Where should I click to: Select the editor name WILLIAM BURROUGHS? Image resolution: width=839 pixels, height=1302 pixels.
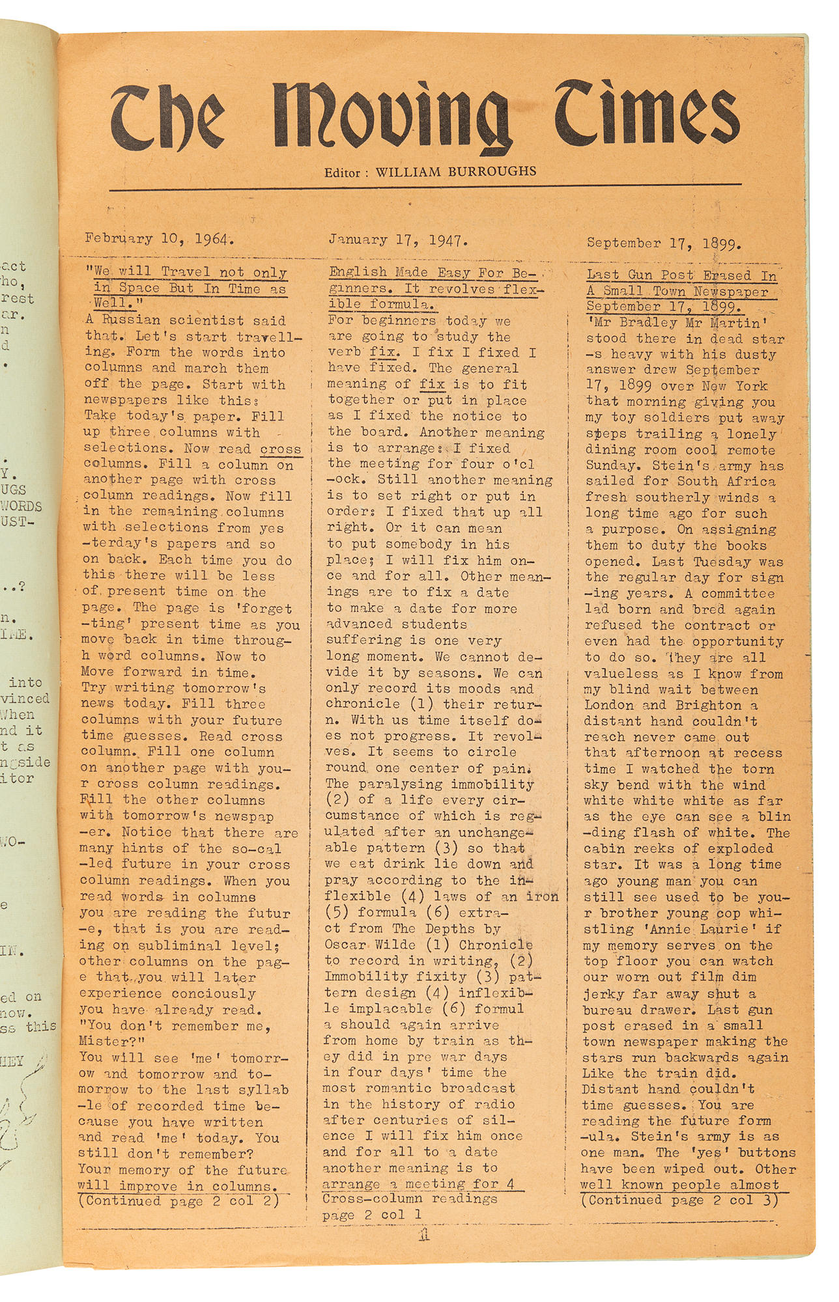pos(456,172)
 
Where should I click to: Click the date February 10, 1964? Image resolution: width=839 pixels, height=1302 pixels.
pos(159,239)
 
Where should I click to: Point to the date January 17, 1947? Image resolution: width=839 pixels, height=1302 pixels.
pos(398,240)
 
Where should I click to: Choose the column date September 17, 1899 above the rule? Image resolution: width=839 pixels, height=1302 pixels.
pos(664,243)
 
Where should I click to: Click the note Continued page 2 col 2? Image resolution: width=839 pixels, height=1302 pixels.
pos(178,1201)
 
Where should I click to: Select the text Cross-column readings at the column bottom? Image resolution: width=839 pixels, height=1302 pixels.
pos(410,1198)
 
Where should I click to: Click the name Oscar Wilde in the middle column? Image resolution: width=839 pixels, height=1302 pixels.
pos(370,945)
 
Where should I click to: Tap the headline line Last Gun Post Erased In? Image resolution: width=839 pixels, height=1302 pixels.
pos(681,275)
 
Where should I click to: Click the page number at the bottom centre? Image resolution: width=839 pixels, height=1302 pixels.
pos(424,1235)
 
